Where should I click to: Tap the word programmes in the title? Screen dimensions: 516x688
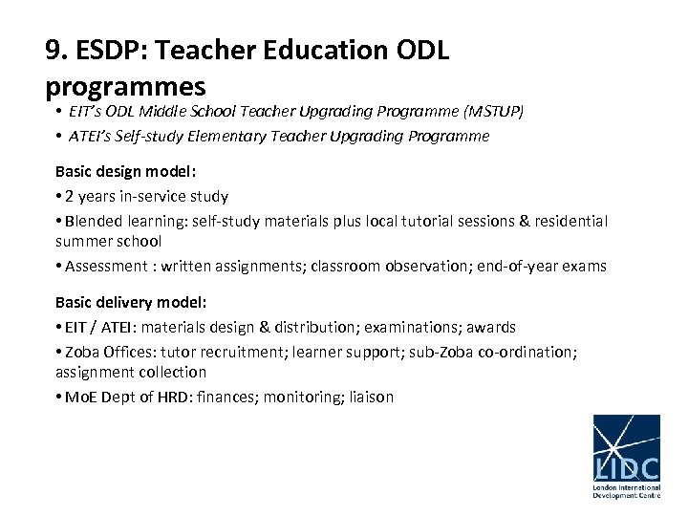125,86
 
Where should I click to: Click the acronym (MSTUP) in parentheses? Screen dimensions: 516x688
492,111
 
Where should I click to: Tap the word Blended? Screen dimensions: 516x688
93,221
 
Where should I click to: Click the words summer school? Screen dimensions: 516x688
108,242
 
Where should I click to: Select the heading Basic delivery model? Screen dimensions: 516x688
130,302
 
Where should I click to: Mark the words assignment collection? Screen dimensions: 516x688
130,372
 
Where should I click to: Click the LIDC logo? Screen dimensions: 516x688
626,456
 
